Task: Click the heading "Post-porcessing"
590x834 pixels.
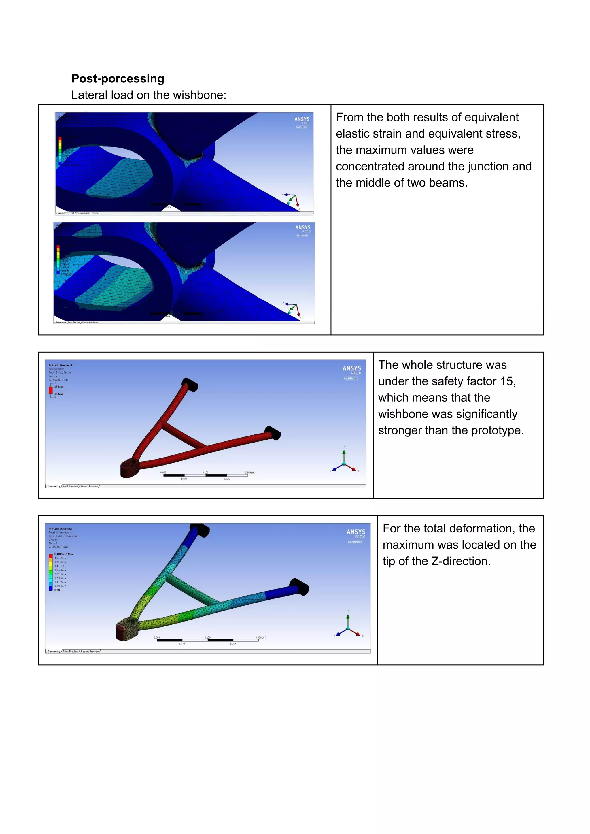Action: coord(118,78)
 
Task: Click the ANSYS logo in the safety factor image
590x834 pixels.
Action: coord(352,369)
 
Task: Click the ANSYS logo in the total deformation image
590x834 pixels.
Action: coord(356,532)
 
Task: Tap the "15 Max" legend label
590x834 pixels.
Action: coord(59,387)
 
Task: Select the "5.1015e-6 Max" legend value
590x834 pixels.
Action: coord(64,554)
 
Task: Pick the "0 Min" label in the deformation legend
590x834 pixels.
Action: coord(58,590)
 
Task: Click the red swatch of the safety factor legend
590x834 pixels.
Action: coord(51,390)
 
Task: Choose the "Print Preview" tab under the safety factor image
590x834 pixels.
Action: coord(71,486)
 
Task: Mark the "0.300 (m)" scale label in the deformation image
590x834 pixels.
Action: coord(260,637)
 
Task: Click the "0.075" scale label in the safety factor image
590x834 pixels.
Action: coord(184,479)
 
